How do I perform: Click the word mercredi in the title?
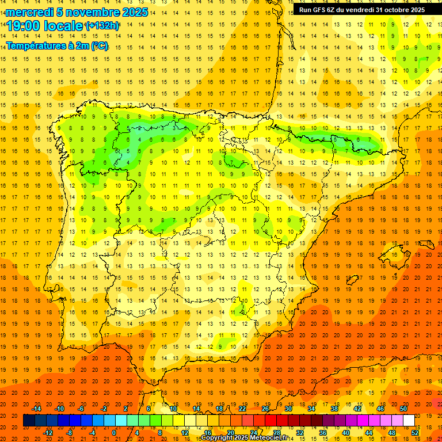[x=29, y=12]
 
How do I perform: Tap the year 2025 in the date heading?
[x=134, y=12]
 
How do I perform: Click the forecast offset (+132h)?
[x=102, y=26]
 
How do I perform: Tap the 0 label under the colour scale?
[x=115, y=432]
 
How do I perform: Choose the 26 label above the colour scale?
[x=265, y=409]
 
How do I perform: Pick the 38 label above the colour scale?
[x=334, y=409]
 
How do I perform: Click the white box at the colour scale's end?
[x=409, y=421]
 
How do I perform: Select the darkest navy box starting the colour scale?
[x=29, y=421]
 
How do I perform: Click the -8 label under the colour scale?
[x=70, y=432]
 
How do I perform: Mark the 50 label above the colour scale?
[x=403, y=409]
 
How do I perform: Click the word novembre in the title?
[x=86, y=12]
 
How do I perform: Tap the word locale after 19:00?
[x=63, y=26]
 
